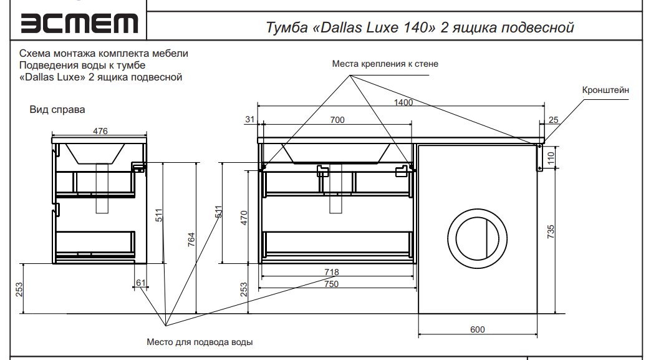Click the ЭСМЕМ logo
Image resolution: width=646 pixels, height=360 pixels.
click(79, 23)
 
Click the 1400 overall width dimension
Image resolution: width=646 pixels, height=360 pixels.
click(403, 102)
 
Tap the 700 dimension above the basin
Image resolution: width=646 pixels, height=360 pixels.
click(337, 120)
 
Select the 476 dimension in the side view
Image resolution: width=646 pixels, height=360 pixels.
click(100, 131)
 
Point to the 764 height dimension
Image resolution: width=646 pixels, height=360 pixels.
click(191, 240)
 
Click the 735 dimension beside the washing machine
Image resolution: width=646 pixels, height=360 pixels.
click(551, 231)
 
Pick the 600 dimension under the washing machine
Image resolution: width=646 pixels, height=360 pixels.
click(477, 329)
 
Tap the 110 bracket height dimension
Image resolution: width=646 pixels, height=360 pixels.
click(551, 157)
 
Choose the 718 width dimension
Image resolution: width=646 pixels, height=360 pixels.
click(331, 272)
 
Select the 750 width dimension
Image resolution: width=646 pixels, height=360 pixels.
click(331, 284)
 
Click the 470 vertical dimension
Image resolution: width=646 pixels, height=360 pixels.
click(244, 218)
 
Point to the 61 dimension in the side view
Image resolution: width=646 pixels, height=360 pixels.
click(141, 283)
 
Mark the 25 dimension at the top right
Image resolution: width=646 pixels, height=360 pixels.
click(553, 120)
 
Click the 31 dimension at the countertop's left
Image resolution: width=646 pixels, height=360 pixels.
click(249, 119)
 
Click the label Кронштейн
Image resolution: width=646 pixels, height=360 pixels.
click(605, 90)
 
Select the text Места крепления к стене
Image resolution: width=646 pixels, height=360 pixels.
click(385, 64)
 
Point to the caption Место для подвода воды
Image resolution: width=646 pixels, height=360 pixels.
click(200, 342)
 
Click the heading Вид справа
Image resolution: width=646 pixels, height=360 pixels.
click(57, 109)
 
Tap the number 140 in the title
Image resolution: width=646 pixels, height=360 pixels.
click(417, 27)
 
